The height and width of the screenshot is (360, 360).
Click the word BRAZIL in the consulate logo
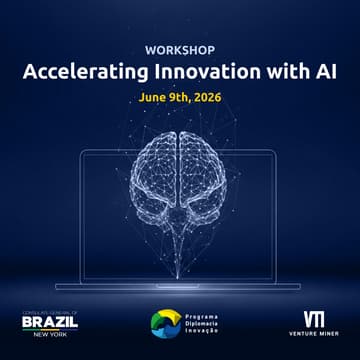(x=49, y=322)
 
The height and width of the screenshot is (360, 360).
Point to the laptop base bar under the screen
(x=181, y=286)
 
